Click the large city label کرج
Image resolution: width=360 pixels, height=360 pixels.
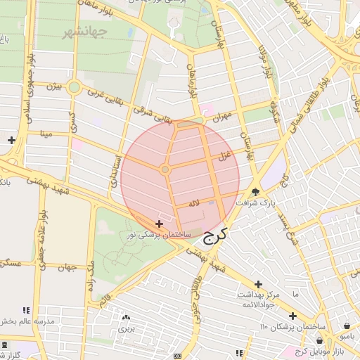pyautogui.click(x=215, y=236)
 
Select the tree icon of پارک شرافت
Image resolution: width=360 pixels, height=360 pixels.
pyautogui.click(x=255, y=191)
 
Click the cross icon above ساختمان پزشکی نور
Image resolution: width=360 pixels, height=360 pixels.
pyautogui.click(x=159, y=223)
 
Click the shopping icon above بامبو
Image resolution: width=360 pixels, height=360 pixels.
pyautogui.click(x=349, y=326)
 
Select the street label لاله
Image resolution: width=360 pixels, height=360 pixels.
pyautogui.click(x=194, y=203)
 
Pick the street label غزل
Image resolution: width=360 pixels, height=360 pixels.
pyautogui.click(x=224, y=158)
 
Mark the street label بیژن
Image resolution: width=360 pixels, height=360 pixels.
pyautogui.click(x=54, y=87)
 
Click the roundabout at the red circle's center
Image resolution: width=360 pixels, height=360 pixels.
pyautogui.click(x=165, y=169)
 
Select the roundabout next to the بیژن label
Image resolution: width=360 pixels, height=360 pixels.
pyautogui.click(x=74, y=88)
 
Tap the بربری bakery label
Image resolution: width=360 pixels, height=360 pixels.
pyautogui.click(x=126, y=328)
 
